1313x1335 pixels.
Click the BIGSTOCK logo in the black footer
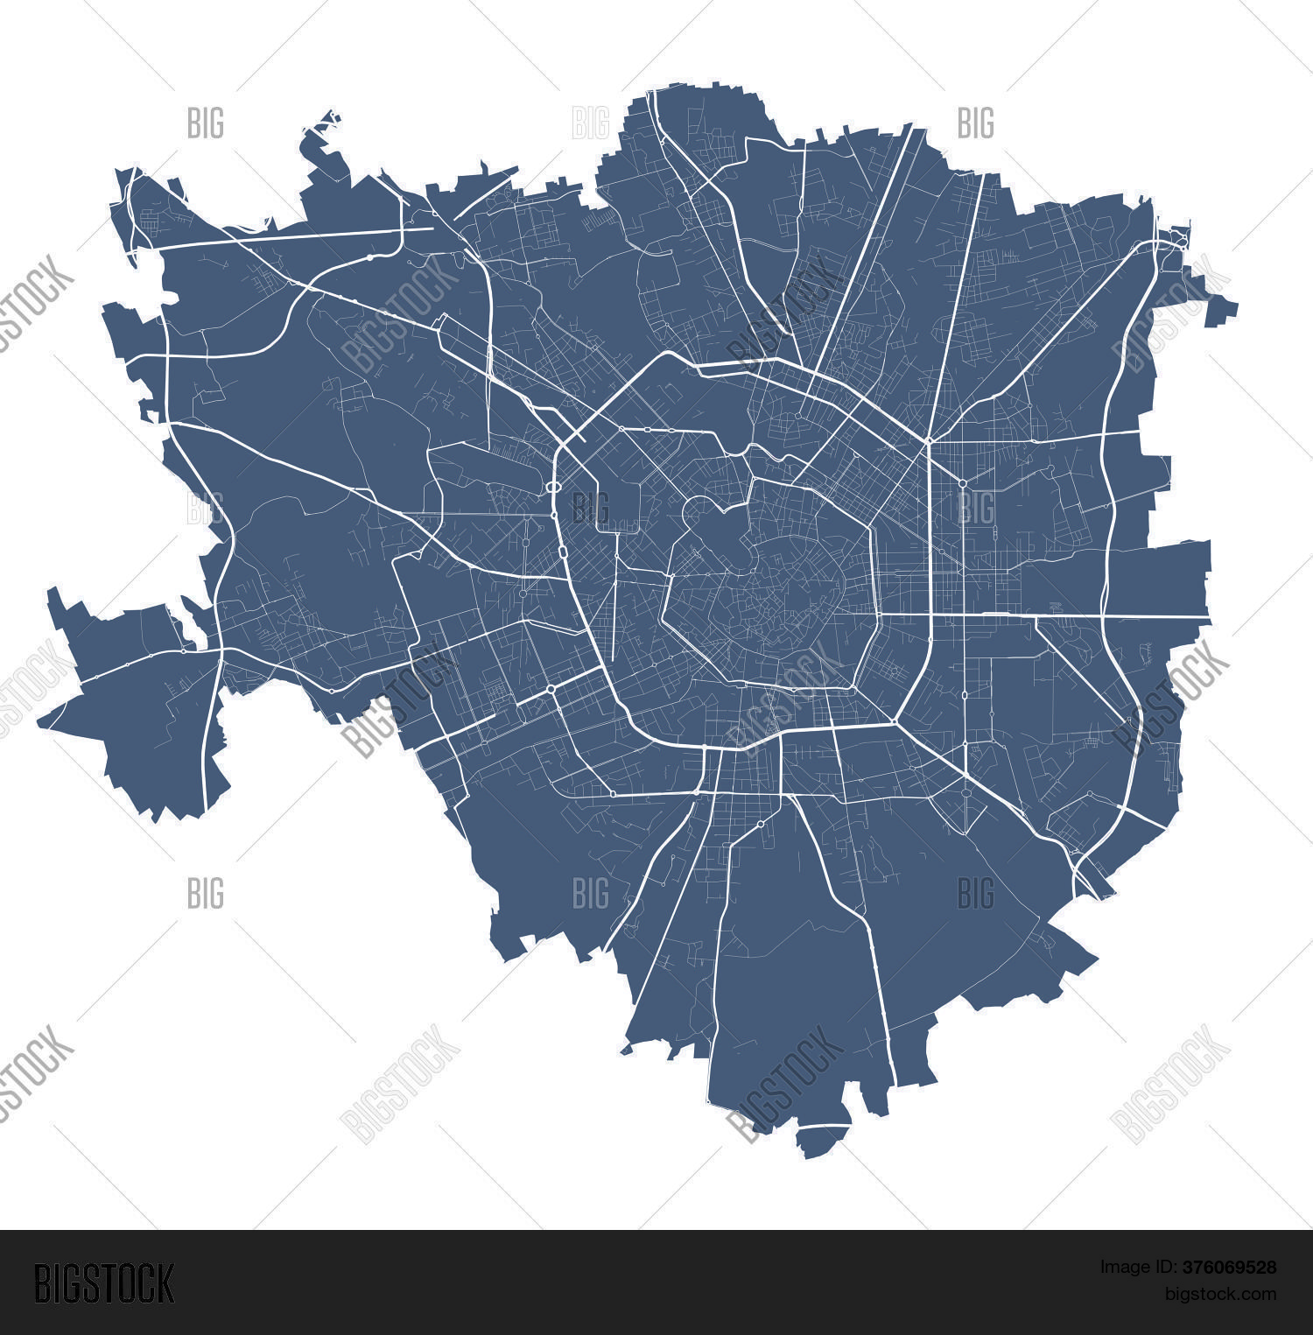103,1283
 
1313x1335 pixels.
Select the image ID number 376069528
1229,1267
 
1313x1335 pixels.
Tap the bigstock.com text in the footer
1220,1293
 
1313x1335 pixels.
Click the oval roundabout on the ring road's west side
553,488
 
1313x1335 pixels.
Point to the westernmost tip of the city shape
39,723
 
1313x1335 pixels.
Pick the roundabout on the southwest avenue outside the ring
551,690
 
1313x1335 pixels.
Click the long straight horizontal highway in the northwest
298,236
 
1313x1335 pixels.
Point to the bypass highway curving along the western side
219,525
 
